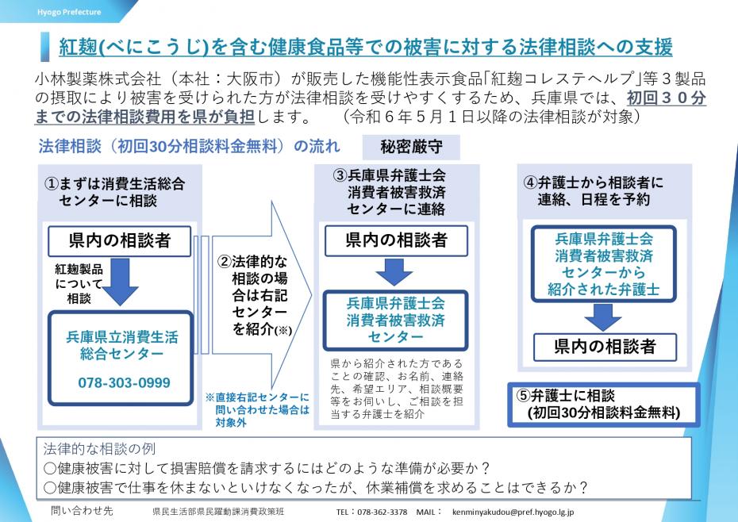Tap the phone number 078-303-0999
click(x=124, y=382)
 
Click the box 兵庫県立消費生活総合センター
click(x=122, y=346)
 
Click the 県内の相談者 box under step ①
click(x=121, y=240)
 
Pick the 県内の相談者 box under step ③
click(x=396, y=240)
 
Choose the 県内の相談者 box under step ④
click(x=604, y=346)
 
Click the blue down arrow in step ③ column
click(x=395, y=272)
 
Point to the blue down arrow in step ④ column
click(x=603, y=315)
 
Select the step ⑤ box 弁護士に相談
click(x=603, y=404)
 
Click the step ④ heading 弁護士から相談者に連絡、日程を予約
click(x=595, y=190)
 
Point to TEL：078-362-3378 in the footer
click(x=371, y=512)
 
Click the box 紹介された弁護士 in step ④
click(x=603, y=263)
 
